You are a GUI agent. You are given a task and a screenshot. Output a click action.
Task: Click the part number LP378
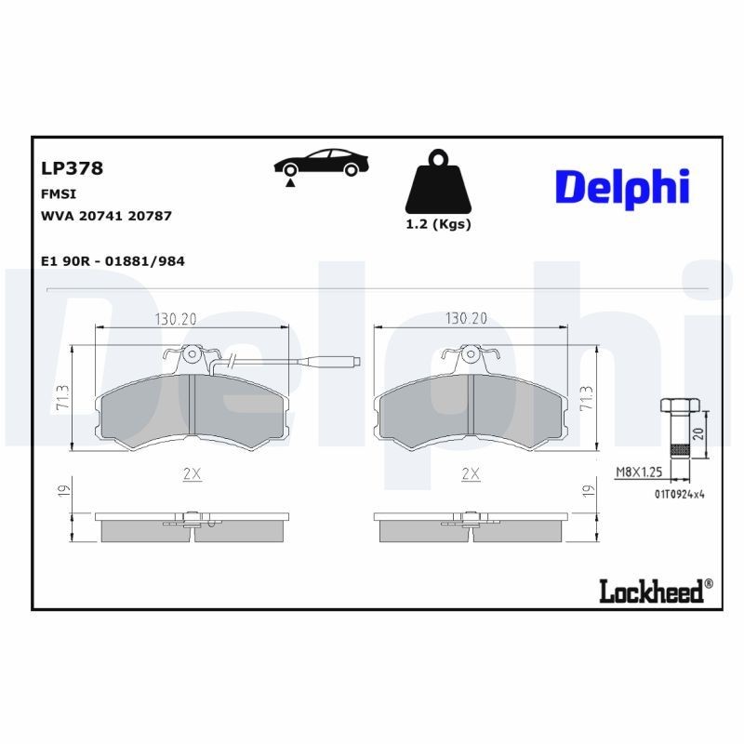tap(72, 168)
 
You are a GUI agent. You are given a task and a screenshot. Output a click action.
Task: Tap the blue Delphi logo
tap(622, 188)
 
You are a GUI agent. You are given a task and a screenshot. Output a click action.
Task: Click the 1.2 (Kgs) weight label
tap(439, 224)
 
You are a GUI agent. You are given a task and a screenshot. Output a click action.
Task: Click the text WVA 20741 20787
tap(106, 215)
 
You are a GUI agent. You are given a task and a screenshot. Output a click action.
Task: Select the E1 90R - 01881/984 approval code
tap(113, 261)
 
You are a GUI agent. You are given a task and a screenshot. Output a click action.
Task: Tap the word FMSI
tap(59, 193)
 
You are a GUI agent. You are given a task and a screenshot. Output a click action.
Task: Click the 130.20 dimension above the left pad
tap(176, 319)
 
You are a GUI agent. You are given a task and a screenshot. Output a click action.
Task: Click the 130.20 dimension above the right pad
tap(467, 319)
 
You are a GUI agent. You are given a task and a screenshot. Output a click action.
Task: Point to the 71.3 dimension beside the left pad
tap(61, 399)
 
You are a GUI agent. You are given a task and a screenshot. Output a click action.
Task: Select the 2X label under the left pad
tap(193, 473)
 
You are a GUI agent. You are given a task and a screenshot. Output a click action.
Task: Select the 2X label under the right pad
tap(471, 473)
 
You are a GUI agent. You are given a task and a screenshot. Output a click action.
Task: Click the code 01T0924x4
tap(679, 493)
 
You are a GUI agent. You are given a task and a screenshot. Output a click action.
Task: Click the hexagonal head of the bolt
tap(680, 405)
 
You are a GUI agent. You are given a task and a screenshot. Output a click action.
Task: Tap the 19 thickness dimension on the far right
tap(588, 490)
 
